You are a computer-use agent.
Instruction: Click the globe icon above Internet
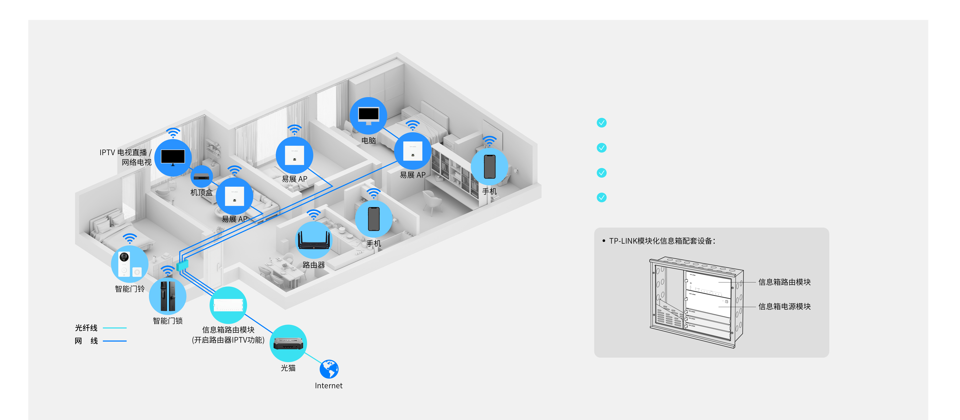click(329, 369)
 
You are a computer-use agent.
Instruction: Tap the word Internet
click(328, 386)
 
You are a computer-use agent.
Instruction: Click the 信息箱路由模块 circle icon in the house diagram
click(228, 305)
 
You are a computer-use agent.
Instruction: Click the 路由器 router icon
click(313, 240)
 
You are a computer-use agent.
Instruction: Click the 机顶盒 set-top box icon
click(202, 177)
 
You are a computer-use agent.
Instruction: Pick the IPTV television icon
click(173, 158)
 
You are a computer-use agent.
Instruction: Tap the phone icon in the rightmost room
click(489, 166)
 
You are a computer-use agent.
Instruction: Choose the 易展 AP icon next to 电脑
click(412, 151)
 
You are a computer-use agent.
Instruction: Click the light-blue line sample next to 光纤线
click(115, 328)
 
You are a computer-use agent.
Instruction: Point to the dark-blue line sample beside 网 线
click(115, 341)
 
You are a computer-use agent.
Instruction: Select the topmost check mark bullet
click(601, 123)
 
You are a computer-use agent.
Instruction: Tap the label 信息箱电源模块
click(784, 306)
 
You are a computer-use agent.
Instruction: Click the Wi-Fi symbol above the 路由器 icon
click(314, 215)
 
